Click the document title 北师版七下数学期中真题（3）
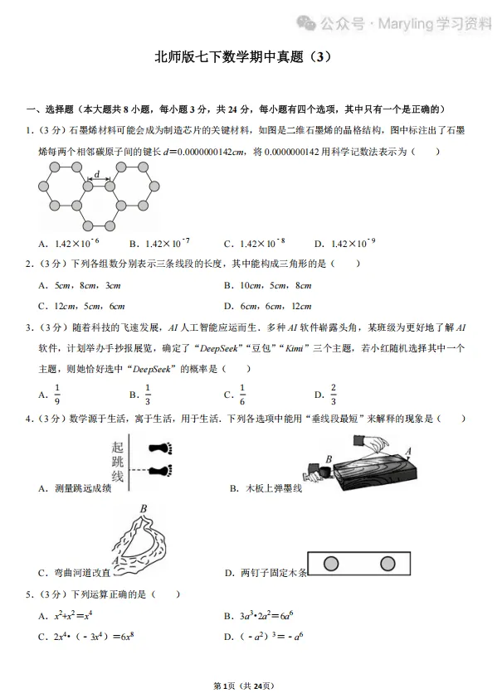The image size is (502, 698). (251, 57)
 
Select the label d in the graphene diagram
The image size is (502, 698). (97, 174)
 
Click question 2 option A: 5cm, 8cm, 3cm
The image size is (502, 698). (80, 285)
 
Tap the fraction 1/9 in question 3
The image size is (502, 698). (57, 394)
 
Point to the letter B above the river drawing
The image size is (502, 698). (144, 509)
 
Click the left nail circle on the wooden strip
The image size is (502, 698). (331, 564)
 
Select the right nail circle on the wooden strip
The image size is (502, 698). (387, 564)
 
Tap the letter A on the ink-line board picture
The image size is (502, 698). (407, 451)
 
